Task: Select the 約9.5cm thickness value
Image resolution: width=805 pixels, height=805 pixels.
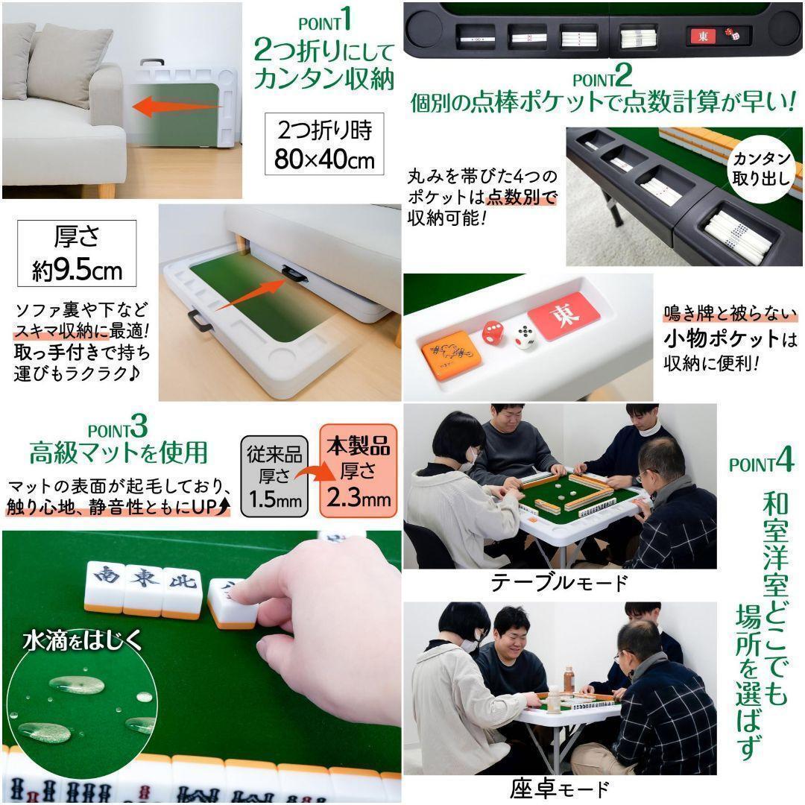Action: (77, 269)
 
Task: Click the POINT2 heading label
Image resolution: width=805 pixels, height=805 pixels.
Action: (602, 78)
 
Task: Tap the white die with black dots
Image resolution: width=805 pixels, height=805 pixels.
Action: (527, 338)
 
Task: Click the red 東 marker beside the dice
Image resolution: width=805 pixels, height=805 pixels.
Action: (567, 316)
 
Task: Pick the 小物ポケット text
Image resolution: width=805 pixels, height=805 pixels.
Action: (721, 338)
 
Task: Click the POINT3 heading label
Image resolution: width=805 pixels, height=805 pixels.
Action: (117, 430)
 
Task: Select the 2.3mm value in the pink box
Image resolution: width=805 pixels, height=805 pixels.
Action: (359, 497)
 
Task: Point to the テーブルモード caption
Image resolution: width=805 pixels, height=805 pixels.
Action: (558, 581)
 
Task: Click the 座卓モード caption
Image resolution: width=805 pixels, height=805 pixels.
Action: (559, 788)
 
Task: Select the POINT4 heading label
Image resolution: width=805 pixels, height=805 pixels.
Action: (760, 462)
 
